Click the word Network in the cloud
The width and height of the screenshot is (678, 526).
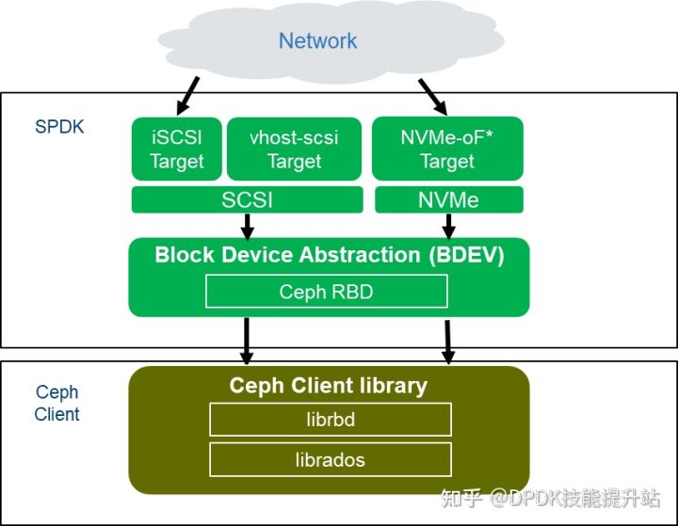(x=317, y=40)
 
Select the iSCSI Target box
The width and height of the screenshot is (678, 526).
(x=176, y=149)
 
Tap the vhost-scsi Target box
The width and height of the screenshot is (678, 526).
(x=295, y=149)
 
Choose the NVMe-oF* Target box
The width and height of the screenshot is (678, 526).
(x=447, y=149)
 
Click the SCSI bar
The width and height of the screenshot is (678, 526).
(x=247, y=199)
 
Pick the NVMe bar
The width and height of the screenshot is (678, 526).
(x=448, y=199)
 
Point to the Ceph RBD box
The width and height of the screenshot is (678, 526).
(x=326, y=292)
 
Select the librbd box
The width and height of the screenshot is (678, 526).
(x=330, y=419)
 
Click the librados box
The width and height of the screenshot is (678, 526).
(x=330, y=460)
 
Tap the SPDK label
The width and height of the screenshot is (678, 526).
(x=59, y=126)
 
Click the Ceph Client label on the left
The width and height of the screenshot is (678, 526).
(x=56, y=404)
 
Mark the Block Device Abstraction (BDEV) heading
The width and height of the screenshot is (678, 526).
(x=328, y=255)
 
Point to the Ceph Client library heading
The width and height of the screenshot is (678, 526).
(x=328, y=386)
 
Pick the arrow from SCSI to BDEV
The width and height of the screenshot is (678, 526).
(x=247, y=226)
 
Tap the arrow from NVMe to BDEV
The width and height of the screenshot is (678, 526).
(x=448, y=226)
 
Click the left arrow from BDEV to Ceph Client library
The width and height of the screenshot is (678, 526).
(x=247, y=341)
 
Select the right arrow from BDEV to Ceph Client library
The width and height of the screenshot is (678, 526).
(x=448, y=341)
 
